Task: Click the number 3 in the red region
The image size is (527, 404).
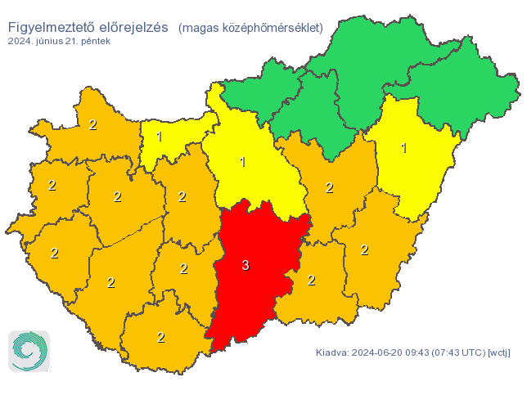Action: click(x=245, y=265)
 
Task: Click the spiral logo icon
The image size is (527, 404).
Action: click(x=29, y=351)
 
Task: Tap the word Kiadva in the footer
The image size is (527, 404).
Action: click(x=331, y=353)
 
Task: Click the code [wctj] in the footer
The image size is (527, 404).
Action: click(x=498, y=353)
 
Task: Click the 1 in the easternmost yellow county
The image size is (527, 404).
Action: click(x=403, y=148)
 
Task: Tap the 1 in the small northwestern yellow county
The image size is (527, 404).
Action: click(x=160, y=137)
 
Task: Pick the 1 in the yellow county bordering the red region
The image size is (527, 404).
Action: click(x=242, y=161)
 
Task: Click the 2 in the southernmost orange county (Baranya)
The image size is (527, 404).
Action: click(x=160, y=337)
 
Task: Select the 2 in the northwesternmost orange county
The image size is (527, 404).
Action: click(x=92, y=125)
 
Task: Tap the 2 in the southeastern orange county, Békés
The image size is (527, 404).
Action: click(x=364, y=249)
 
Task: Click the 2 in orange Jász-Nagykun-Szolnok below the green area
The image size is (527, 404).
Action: click(x=329, y=187)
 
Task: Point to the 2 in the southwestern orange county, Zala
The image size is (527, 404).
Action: click(x=54, y=253)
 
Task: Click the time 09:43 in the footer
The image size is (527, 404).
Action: click(x=421, y=353)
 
